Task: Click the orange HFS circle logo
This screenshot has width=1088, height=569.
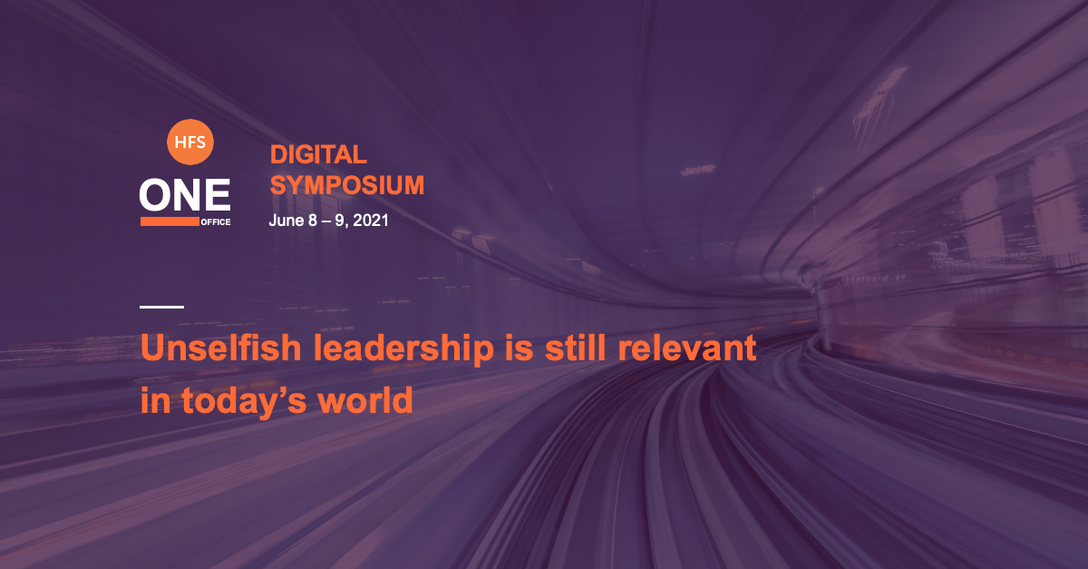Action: pyautogui.click(x=189, y=142)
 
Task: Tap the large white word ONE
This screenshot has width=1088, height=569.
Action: pyautogui.click(x=185, y=194)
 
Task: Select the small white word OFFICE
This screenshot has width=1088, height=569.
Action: pyautogui.click(x=216, y=222)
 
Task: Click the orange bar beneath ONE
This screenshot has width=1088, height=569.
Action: pyautogui.click(x=170, y=221)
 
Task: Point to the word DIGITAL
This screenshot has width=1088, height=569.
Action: pyautogui.click(x=318, y=154)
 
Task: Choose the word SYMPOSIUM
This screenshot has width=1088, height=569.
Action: pyautogui.click(x=346, y=185)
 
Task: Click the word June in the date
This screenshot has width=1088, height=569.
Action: pyautogui.click(x=287, y=221)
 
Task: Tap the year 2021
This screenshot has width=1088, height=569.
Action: pyautogui.click(x=371, y=221)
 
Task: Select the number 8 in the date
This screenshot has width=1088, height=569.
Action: pyautogui.click(x=313, y=221)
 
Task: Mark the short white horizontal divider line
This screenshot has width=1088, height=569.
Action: pyautogui.click(x=161, y=307)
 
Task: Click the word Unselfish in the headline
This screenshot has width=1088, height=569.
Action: pyautogui.click(x=221, y=348)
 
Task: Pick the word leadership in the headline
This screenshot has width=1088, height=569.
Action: pyautogui.click(x=403, y=349)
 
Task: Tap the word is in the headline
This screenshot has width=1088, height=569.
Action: pyautogui.click(x=520, y=348)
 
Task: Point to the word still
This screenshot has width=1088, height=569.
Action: pyautogui.click(x=575, y=348)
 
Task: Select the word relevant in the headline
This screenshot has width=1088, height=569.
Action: pyautogui.click(x=687, y=348)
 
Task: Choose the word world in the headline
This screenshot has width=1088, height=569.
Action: pyautogui.click(x=365, y=400)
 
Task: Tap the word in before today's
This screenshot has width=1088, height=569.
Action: pyautogui.click(x=155, y=400)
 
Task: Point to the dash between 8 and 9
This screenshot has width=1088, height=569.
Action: pyautogui.click(x=326, y=221)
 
